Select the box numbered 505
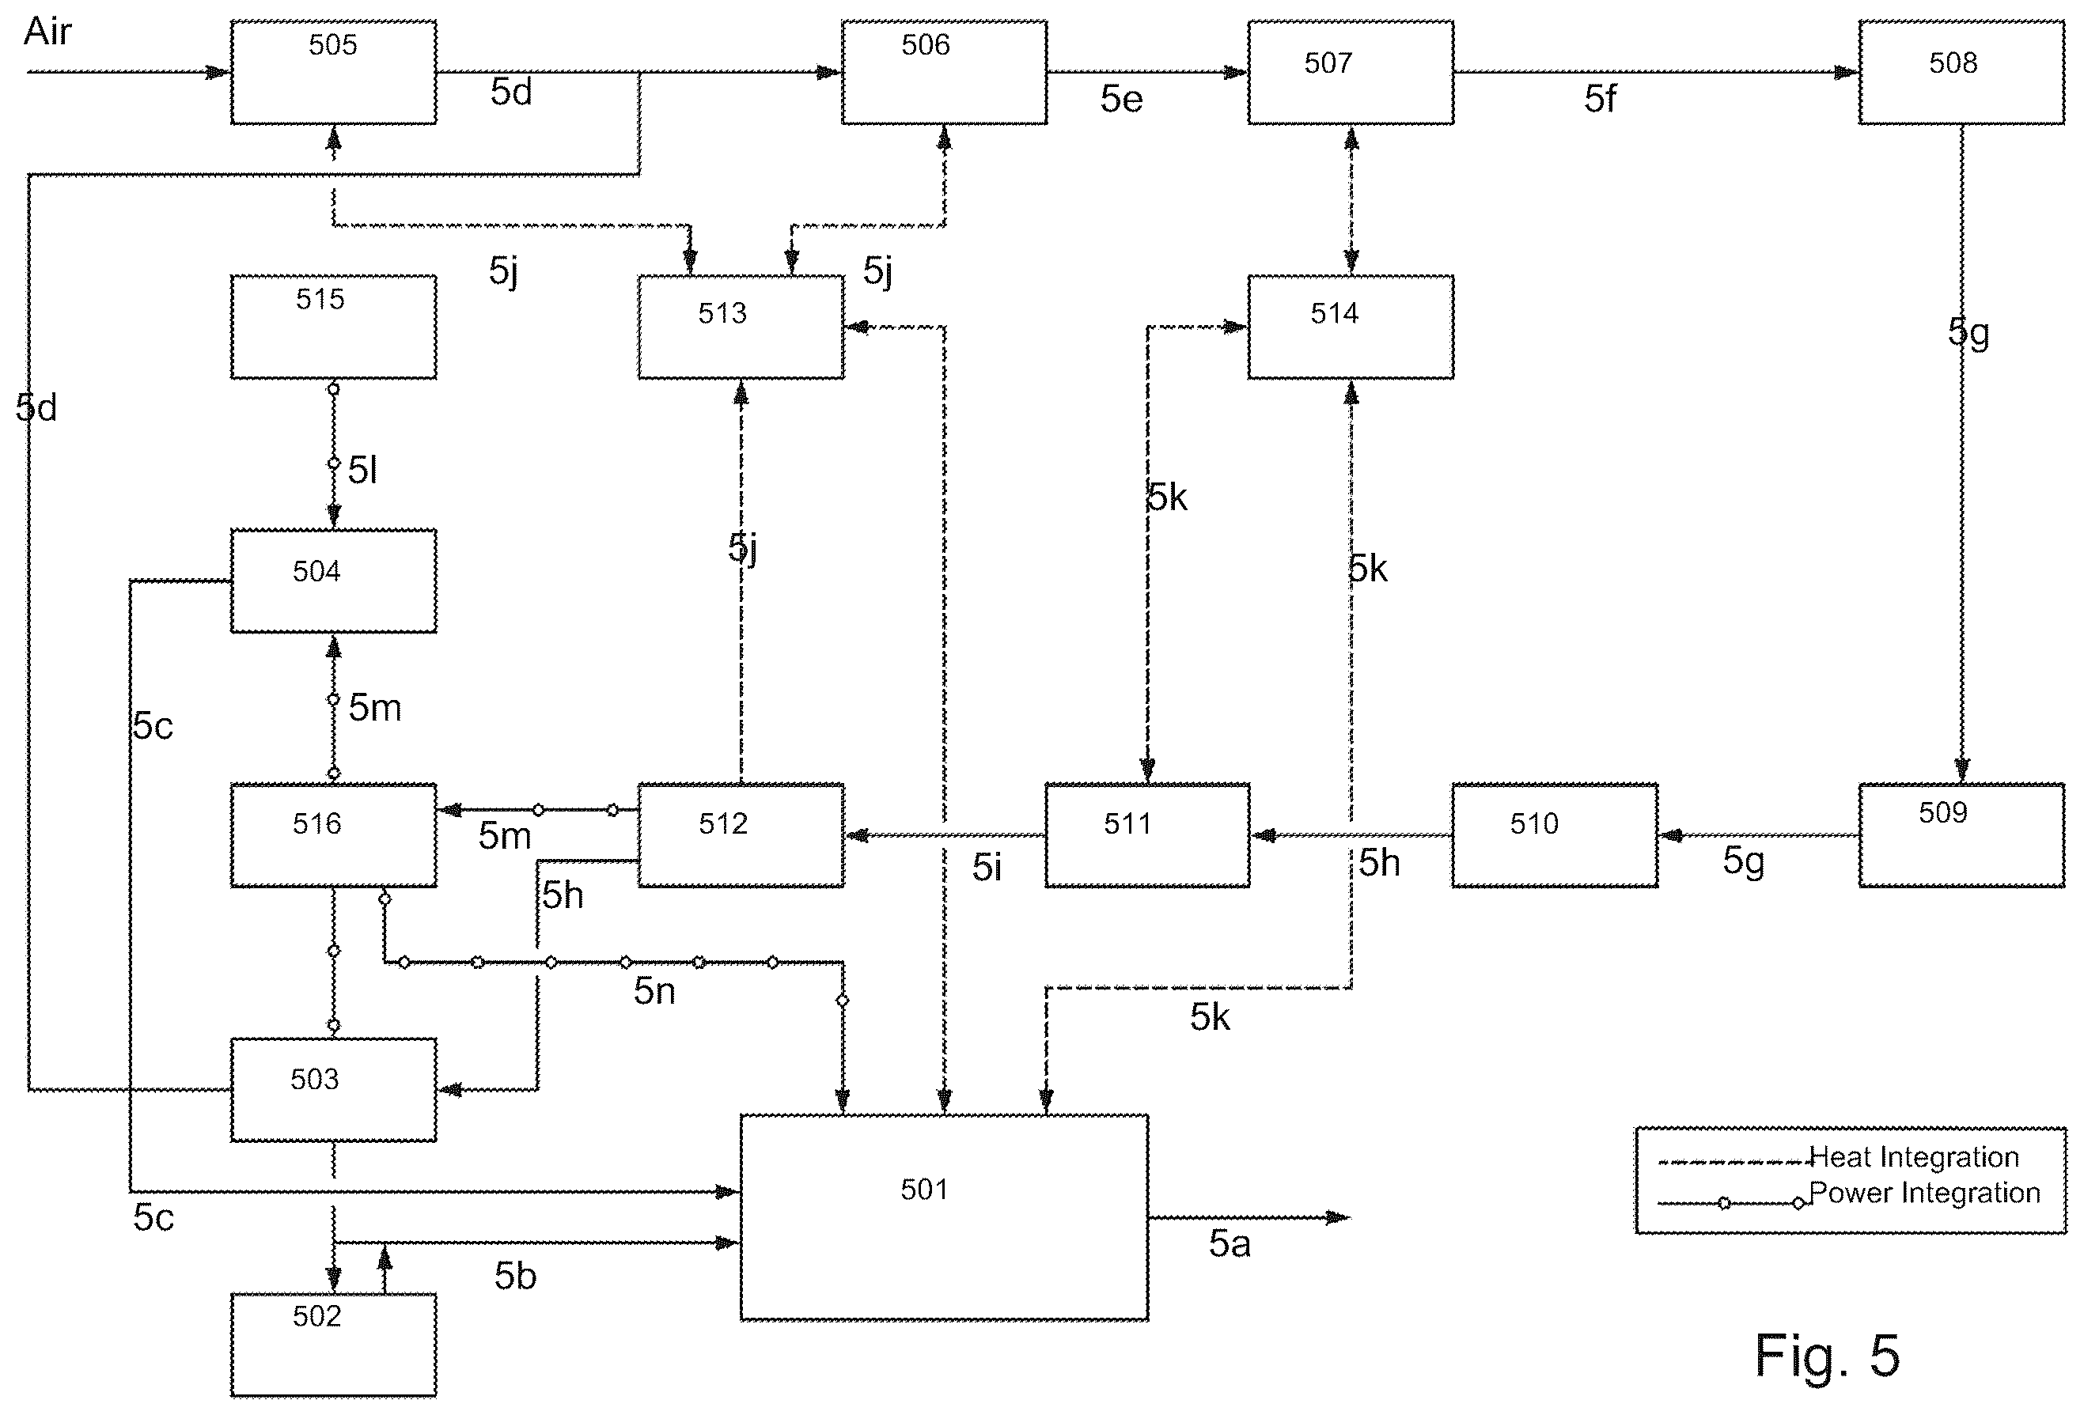pyautogui.click(x=334, y=72)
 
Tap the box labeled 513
pyautogui.click(x=741, y=327)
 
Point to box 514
pyautogui.click(x=1351, y=327)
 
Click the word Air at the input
pyautogui.click(x=47, y=32)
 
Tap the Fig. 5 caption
pyautogui.click(x=1827, y=1355)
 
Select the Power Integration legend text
pyautogui.click(x=1924, y=1194)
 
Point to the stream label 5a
pyautogui.click(x=1230, y=1243)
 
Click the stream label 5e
pyautogui.click(x=1122, y=99)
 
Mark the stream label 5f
pyautogui.click(x=1600, y=99)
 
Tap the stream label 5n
pyautogui.click(x=654, y=991)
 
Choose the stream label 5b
pyautogui.click(x=516, y=1276)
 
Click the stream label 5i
pyautogui.click(x=987, y=867)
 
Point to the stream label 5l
pyautogui.click(x=362, y=470)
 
